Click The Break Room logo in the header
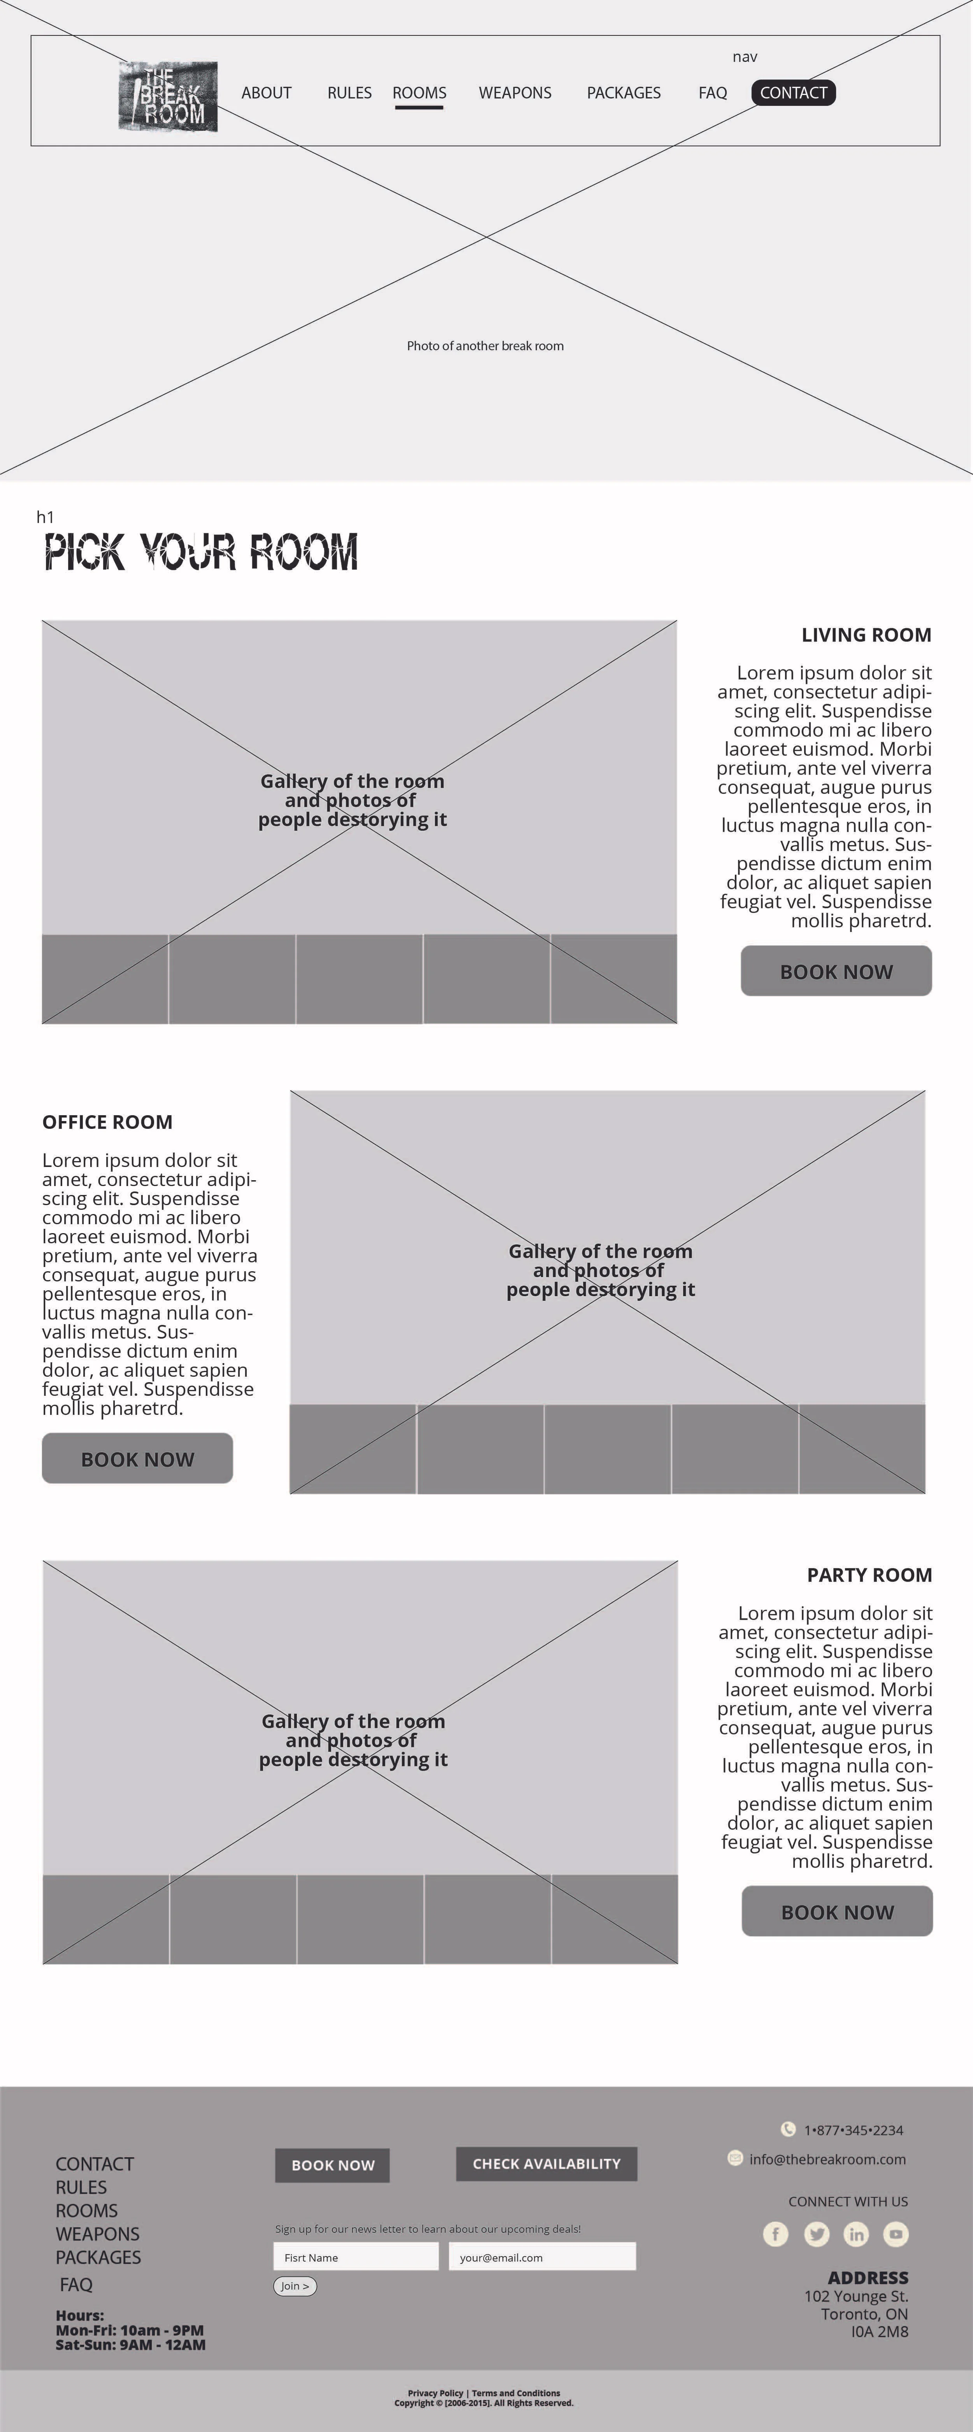(168, 96)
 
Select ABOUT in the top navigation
(266, 93)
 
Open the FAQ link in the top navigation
(713, 93)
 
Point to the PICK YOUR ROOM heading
(201, 552)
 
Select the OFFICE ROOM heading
(107, 1121)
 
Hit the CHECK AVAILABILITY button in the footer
(546, 2164)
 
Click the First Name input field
(356, 2257)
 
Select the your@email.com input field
(542, 2257)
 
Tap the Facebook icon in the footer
(775, 2234)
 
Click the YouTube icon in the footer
(896, 2234)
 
